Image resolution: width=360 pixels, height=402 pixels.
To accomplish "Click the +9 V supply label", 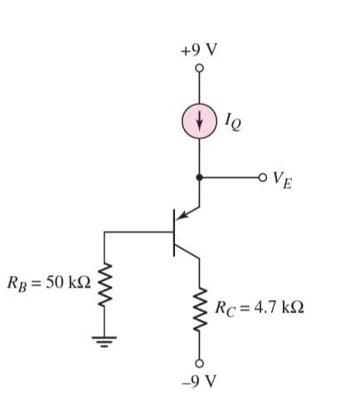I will click(x=199, y=50).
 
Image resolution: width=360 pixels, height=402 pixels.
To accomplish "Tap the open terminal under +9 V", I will click(x=199, y=70).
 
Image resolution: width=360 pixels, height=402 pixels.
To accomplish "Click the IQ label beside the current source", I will click(x=233, y=122).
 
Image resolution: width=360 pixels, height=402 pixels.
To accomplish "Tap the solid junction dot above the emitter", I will click(x=199, y=177).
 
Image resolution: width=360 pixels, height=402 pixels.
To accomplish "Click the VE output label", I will click(x=283, y=180).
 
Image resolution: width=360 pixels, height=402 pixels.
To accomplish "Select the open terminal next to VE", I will click(x=263, y=177).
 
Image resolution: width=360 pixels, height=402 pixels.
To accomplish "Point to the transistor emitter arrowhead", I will click(x=185, y=217).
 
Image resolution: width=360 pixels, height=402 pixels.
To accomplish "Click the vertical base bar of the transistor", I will click(x=174, y=233).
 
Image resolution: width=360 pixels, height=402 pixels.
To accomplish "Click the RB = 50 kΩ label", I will click(x=48, y=282).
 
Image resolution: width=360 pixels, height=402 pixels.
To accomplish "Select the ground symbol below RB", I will click(x=105, y=337).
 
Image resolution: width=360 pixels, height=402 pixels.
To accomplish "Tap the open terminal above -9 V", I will click(x=199, y=362).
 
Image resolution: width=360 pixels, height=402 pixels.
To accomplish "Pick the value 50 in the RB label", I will click(x=55, y=282).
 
